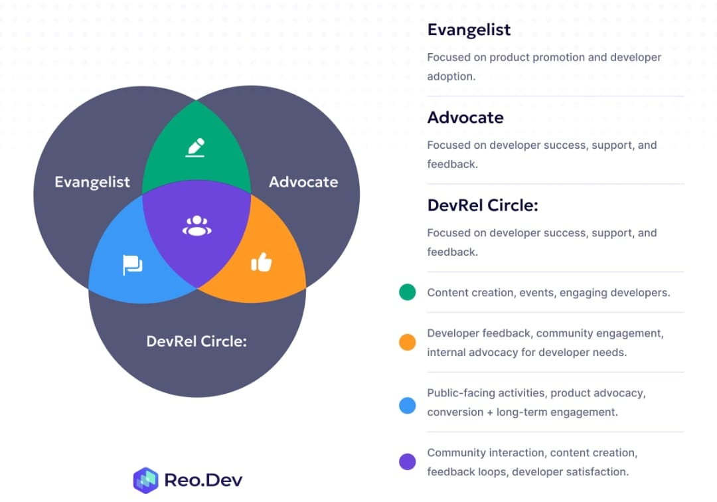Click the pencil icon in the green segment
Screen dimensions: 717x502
tap(195, 147)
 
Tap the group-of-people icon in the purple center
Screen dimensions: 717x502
tap(197, 226)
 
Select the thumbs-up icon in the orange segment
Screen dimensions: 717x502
tap(262, 263)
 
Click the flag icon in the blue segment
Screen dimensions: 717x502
tap(133, 266)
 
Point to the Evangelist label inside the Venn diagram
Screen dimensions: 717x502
tap(92, 182)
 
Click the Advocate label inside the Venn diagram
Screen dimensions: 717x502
tap(303, 182)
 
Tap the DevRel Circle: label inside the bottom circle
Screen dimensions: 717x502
tap(197, 341)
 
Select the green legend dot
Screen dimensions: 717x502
tap(408, 292)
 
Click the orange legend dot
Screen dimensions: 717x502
tap(408, 342)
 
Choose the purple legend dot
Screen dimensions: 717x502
tap(408, 461)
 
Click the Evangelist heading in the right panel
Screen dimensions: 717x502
tap(469, 30)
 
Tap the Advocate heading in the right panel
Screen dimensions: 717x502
tap(465, 118)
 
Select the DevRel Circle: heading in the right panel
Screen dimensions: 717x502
tap(483, 205)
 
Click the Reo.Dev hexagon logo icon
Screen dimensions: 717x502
tap(145, 480)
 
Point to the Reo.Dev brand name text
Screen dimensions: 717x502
tap(204, 480)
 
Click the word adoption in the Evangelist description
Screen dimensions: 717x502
tap(451, 76)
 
